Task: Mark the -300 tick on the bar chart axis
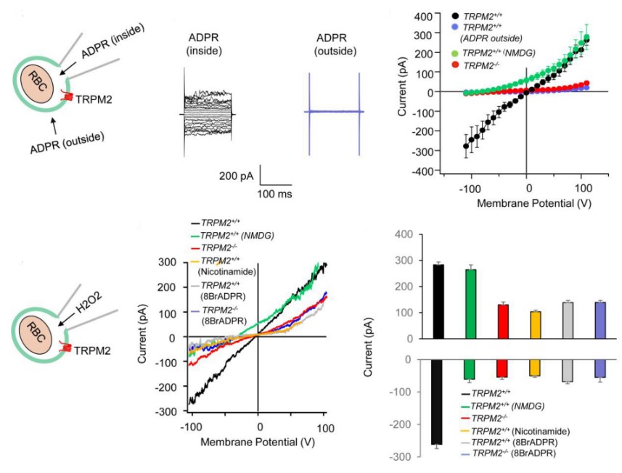(x=404, y=456)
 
